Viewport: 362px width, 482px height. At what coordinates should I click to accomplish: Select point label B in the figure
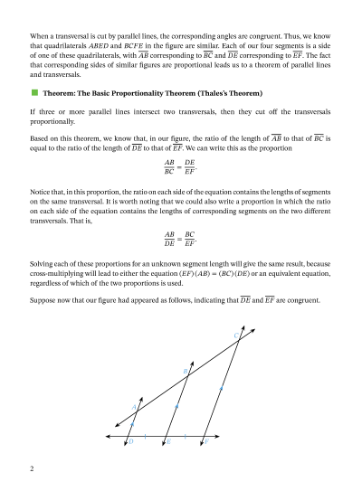(185, 372)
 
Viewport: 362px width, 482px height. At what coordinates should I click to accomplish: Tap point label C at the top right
(236, 336)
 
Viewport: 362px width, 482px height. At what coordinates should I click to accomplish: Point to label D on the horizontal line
(132, 442)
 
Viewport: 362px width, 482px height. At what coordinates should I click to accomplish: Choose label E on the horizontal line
(168, 442)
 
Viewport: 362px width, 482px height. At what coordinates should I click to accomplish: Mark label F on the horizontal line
(206, 442)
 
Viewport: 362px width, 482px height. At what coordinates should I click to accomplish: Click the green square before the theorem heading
(33, 93)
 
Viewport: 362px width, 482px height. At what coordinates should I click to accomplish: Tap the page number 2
(32, 468)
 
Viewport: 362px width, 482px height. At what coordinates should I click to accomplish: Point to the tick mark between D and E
(146, 436)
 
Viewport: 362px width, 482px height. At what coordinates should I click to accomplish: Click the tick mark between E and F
(186, 436)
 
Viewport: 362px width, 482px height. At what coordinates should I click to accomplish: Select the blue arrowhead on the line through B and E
(176, 407)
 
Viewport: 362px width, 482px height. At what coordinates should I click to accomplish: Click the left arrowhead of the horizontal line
(108, 436)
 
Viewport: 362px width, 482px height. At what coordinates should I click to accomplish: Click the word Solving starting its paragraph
(43, 263)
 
